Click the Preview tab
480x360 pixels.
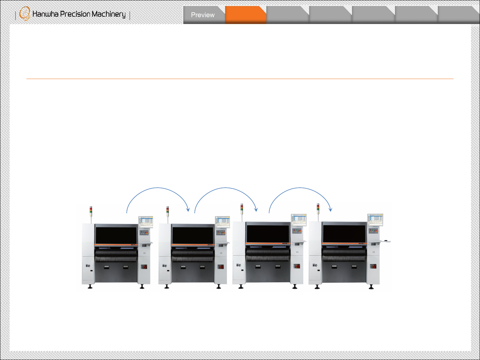203,15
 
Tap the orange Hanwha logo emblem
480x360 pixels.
24,14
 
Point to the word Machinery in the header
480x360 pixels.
108,14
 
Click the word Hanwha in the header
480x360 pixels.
45,14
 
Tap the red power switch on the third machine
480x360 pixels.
297,266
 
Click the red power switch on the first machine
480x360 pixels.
145,267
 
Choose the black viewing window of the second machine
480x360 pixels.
192,235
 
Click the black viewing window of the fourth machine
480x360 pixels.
344,233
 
